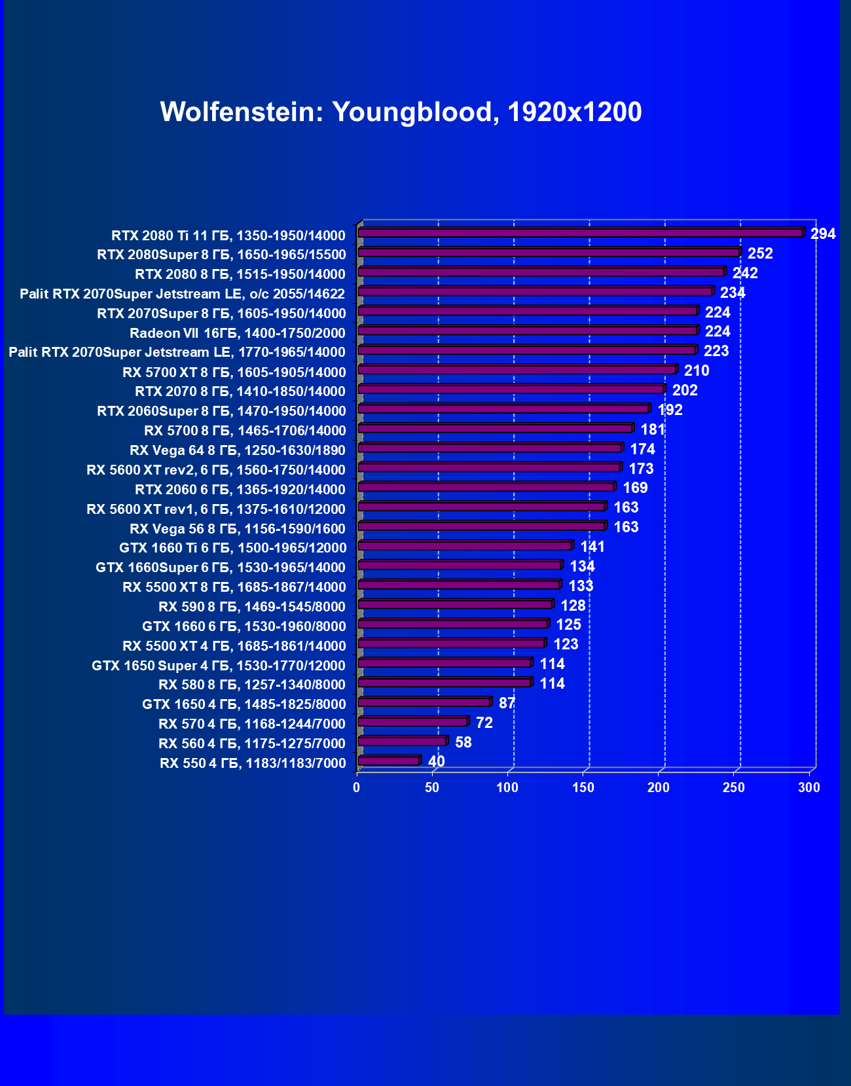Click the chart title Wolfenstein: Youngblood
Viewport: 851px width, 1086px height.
click(401, 112)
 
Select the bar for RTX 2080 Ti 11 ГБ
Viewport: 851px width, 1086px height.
click(580, 233)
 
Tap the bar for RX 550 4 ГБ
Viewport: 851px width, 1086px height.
click(389, 761)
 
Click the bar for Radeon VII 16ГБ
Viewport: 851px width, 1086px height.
click(527, 331)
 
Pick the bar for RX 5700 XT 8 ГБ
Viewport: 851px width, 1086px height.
click(516, 370)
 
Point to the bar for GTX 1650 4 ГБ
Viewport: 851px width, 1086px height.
click(424, 702)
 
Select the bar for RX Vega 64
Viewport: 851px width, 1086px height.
click(490, 448)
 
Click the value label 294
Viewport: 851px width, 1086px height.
click(823, 234)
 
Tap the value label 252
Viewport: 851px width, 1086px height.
click(760, 253)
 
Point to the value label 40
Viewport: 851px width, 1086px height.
click(436, 761)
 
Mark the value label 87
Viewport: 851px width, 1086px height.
click(507, 703)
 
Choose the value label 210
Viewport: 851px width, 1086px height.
click(697, 371)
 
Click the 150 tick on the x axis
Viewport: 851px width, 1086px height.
click(583, 787)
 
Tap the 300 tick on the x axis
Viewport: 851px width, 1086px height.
click(809, 787)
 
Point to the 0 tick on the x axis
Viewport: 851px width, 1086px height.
click(357, 787)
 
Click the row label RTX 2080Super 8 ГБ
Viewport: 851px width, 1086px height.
click(221, 255)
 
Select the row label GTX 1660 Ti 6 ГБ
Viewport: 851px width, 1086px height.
click(232, 548)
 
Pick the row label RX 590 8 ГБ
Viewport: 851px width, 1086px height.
click(252, 607)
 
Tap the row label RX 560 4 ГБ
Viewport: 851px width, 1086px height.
click(252, 744)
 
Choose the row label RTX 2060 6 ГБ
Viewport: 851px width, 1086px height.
click(240, 490)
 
